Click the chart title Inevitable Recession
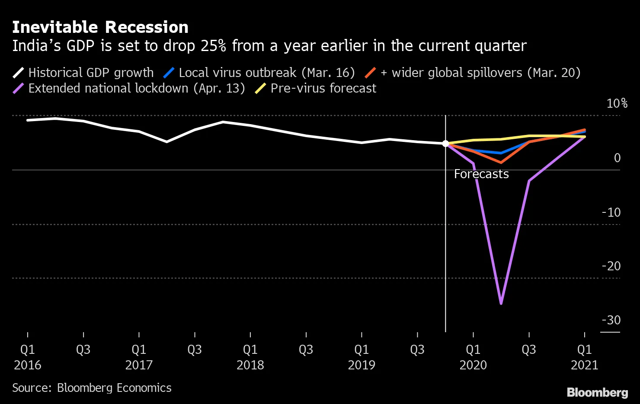click(100, 27)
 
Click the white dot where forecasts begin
click(445, 144)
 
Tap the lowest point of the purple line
click(501, 304)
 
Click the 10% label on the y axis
click(617, 103)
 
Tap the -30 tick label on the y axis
click(611, 320)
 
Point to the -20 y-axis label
click(611, 266)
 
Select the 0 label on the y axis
click(617, 158)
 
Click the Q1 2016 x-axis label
click(28, 357)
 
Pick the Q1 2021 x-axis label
click(584, 357)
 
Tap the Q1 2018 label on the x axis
click(250, 357)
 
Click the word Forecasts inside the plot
click(481, 174)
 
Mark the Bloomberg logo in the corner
click(597, 392)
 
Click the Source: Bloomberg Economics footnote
click(92, 388)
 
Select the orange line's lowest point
click(501, 163)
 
